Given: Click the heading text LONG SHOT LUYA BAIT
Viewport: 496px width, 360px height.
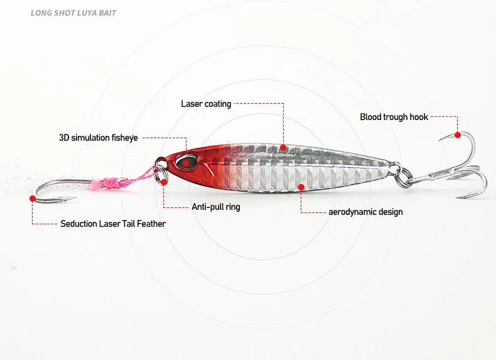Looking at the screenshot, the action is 73,13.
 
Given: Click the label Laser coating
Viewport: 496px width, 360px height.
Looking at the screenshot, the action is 206,104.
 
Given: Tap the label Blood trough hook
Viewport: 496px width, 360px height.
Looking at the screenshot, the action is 394,117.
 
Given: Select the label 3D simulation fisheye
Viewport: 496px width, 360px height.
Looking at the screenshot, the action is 98,138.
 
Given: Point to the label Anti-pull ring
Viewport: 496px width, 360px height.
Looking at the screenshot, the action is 215,207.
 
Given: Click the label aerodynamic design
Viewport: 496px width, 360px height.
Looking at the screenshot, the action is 365,212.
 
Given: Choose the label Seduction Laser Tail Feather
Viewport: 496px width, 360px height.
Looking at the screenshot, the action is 113,224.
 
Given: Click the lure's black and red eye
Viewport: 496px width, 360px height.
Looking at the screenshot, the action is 185,161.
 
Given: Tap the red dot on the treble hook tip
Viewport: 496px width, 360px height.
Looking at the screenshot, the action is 457,135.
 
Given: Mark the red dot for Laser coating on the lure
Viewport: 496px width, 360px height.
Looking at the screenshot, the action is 283,148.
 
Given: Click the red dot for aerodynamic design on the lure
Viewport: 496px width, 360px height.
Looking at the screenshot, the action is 301,187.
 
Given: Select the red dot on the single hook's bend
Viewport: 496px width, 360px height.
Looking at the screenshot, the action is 32,198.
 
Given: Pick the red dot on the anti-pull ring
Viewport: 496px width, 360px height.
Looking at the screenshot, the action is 164,182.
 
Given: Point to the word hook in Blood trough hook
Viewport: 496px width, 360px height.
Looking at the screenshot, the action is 419,117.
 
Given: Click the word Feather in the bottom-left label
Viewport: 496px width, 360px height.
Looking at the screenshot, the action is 152,224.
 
